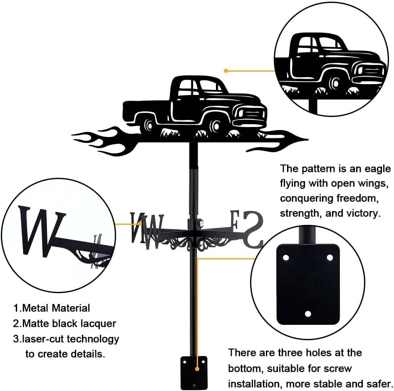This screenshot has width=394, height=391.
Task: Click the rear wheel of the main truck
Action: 149,125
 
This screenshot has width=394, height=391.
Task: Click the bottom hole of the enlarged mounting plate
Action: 307,314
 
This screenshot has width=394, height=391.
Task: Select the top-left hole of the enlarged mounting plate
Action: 286,258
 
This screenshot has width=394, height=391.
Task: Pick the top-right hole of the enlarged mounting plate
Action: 330,257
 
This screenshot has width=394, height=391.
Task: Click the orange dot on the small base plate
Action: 197,369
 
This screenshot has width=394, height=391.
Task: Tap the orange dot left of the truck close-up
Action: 226,71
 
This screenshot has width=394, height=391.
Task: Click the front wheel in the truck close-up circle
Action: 335,82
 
